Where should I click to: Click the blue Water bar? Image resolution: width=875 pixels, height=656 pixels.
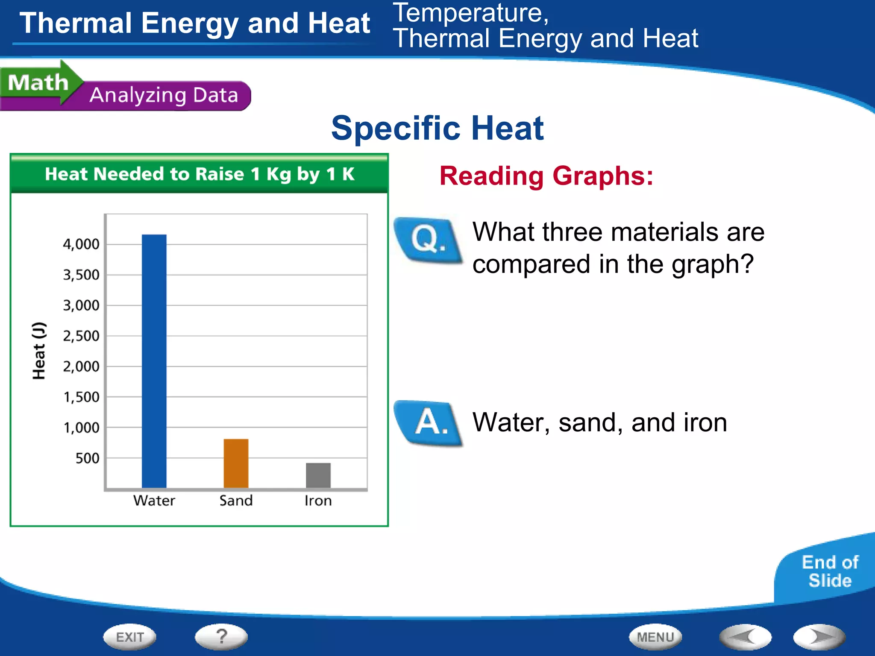tap(154, 361)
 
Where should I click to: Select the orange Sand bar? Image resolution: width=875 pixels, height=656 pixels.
tap(236, 463)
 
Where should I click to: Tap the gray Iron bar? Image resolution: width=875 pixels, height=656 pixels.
tap(318, 475)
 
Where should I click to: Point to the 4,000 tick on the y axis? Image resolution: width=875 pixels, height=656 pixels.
tap(81, 244)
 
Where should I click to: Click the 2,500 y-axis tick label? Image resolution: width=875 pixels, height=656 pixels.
tap(81, 336)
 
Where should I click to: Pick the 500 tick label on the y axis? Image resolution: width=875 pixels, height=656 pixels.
tap(87, 458)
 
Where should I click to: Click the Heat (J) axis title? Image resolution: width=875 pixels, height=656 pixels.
tap(39, 351)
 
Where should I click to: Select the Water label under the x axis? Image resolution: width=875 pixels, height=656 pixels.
tap(154, 501)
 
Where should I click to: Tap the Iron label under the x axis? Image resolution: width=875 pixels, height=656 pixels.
tap(318, 501)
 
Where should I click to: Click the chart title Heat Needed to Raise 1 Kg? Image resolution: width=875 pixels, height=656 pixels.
tap(199, 174)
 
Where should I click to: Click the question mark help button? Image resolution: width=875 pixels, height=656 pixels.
tap(221, 637)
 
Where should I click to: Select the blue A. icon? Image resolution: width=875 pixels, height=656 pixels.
tap(429, 423)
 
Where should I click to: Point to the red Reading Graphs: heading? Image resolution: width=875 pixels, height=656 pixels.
tap(546, 176)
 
